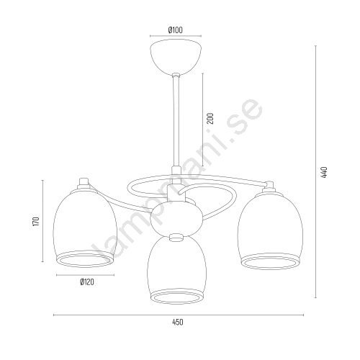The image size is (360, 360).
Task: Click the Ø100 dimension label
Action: coord(176,30)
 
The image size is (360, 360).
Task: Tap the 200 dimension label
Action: coord(210,118)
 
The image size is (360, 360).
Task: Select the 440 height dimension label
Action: coord(324,172)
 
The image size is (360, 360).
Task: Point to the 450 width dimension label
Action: coord(178,322)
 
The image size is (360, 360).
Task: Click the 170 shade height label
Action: coord(36,222)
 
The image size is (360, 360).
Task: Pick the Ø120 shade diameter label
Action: coord(87,282)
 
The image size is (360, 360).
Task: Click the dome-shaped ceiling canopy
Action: coord(176,58)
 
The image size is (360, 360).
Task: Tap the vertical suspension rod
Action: coord(176,121)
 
